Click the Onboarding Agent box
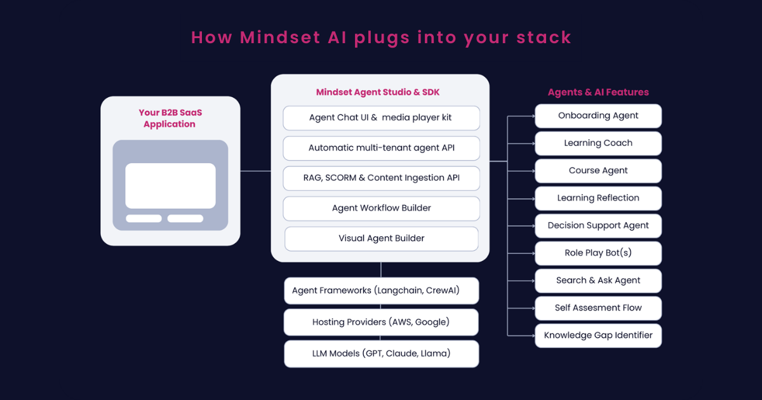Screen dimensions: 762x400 point(598,116)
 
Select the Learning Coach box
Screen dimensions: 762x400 point(598,143)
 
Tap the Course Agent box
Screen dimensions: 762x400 point(598,171)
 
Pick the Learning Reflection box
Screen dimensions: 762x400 point(598,198)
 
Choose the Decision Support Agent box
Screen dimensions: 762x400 point(598,226)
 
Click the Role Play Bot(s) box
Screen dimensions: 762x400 point(598,253)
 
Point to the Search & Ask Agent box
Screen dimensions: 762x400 point(598,281)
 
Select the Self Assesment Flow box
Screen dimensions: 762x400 point(598,308)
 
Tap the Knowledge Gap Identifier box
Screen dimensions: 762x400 point(598,336)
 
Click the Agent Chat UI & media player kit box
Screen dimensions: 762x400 point(382,118)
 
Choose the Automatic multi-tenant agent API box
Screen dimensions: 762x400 point(382,149)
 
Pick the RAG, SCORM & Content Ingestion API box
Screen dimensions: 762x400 point(382,178)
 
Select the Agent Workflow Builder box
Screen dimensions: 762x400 point(382,208)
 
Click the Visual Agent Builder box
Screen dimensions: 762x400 point(382,239)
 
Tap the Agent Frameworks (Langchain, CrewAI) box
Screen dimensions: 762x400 point(382,291)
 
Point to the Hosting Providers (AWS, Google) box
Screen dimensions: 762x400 point(381,322)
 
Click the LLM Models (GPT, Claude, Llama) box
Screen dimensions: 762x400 point(382,354)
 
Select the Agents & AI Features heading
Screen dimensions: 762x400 point(598,92)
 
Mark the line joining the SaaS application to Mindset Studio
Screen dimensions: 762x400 point(255,171)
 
